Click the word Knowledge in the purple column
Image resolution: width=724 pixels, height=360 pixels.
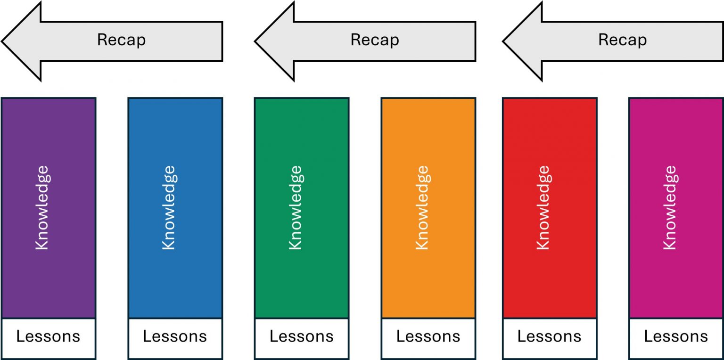coord(42,207)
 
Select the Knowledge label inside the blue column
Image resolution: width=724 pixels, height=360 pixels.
coord(169,207)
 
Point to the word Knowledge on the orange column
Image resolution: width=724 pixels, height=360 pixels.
coord(422,207)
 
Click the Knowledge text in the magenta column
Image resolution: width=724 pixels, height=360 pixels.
coord(670,207)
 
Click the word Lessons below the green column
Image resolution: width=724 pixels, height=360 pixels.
coord(302,337)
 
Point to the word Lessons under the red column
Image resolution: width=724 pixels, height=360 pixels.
coord(549,337)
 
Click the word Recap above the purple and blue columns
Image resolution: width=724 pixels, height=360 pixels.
coord(122,40)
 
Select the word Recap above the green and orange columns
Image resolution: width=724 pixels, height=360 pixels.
coord(375,40)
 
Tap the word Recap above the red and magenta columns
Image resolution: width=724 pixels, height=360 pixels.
coord(623,40)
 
